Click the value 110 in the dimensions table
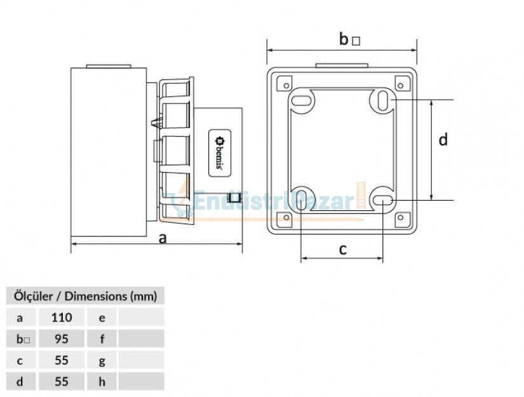[x=62, y=318]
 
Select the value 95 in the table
[x=62, y=339]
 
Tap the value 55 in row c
[x=62, y=360]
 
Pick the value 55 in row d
[x=62, y=382]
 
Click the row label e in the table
[x=102, y=318]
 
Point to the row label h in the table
[x=102, y=382]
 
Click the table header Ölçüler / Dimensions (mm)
[x=85, y=296]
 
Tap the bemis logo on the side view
[x=220, y=153]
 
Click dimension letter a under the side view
[x=163, y=239]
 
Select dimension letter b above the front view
[x=344, y=39]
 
